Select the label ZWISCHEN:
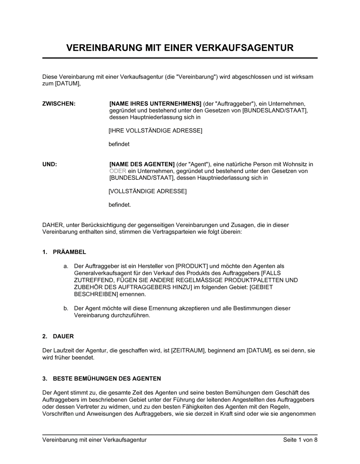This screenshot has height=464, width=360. point(59,104)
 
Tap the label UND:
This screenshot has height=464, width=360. point(50,164)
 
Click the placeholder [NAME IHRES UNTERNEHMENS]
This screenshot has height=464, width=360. point(156,104)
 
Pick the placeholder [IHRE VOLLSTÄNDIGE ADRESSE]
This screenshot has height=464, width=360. point(156,131)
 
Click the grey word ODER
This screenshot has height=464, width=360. point(118,171)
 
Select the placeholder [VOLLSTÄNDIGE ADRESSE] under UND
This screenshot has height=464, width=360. point(148,191)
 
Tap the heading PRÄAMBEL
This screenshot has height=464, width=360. point(69,252)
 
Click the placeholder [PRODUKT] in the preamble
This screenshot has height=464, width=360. point(192,266)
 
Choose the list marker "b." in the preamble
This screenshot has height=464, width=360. point(66,308)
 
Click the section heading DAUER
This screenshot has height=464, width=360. point(63,336)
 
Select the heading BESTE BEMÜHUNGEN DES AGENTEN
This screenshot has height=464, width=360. point(107,378)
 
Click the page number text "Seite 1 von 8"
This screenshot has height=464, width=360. point(300,440)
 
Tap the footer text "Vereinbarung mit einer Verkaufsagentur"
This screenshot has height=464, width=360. point(94,440)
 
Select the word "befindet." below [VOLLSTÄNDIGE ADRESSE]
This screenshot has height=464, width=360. point(120,205)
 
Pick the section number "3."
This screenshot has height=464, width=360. point(45,378)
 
